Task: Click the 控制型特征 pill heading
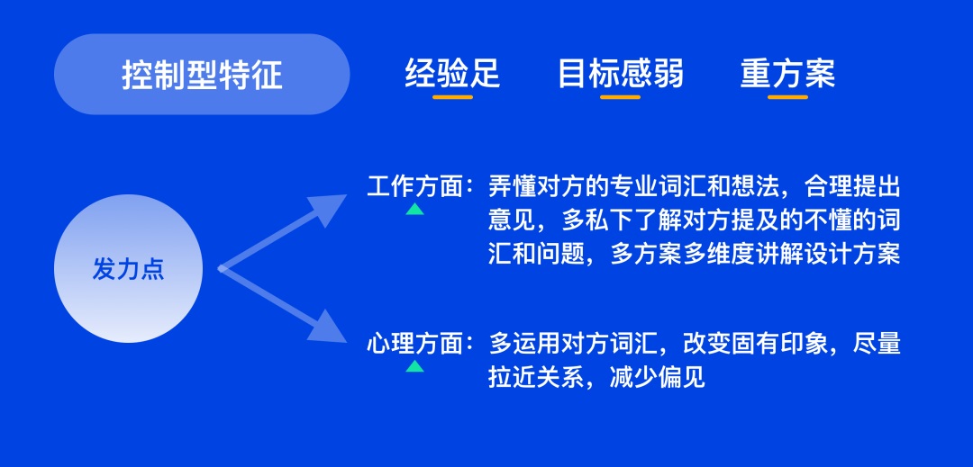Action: [202, 75]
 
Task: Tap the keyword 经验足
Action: [451, 73]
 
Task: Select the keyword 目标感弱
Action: [620, 73]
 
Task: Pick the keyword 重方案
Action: [787, 73]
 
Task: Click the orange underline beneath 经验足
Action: [452, 95]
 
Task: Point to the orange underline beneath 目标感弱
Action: [620, 95]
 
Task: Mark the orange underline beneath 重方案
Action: [787, 95]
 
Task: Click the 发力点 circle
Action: [128, 268]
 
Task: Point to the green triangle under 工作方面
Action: [414, 209]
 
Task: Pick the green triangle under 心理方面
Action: [414, 365]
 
